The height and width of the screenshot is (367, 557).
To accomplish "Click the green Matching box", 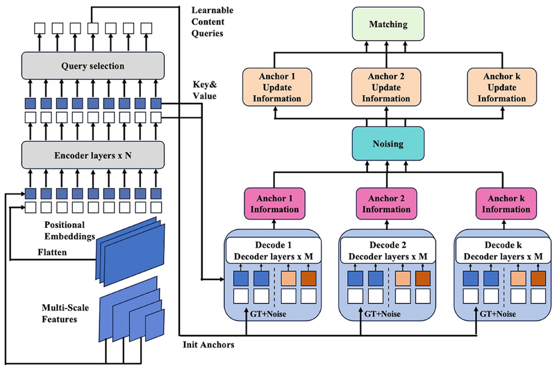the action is [x=388, y=24].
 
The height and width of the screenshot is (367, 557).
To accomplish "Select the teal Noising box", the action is [x=388, y=143].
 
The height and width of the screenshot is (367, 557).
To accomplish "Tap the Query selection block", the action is [x=93, y=65].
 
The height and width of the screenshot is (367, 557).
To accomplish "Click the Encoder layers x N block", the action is [x=93, y=155].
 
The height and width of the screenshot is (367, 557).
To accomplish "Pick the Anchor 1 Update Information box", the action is [x=277, y=87].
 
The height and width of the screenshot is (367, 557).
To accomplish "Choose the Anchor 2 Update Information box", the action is [x=386, y=87].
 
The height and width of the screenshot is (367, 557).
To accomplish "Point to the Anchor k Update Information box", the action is [x=502, y=87].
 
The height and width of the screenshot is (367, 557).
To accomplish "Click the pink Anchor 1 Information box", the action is [x=274, y=204].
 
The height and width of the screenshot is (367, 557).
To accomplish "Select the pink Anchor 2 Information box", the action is [x=386, y=204].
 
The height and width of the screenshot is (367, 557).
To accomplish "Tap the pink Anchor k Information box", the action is [x=506, y=204].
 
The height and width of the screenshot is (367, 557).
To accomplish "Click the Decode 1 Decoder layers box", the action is [x=273, y=251].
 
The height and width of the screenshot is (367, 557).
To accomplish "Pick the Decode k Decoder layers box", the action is [x=503, y=251].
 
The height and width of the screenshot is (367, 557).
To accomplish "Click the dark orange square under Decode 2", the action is [x=423, y=279].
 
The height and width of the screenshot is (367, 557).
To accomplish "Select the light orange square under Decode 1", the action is [x=288, y=279].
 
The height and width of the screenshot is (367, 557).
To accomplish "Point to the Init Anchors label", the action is [x=208, y=345].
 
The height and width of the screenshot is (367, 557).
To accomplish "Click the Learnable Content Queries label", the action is [x=212, y=22].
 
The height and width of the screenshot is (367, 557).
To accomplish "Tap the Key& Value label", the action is [x=205, y=90].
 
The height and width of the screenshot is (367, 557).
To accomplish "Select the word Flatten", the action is [x=52, y=253].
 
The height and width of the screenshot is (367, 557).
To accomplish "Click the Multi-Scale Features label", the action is [x=65, y=313].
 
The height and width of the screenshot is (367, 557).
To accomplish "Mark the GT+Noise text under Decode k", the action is [x=498, y=314].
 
